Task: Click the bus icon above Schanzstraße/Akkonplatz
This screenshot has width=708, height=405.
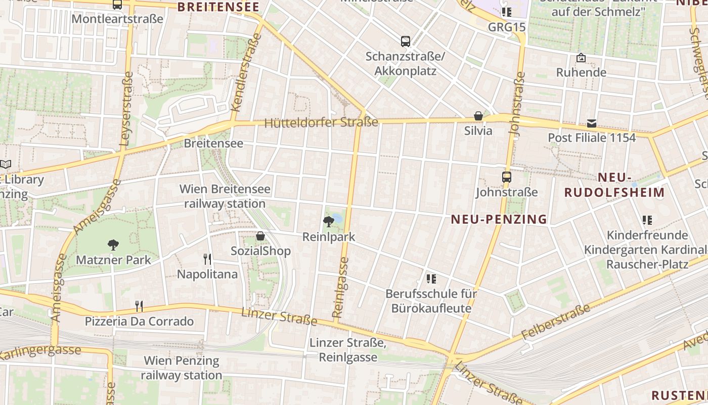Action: pyautogui.click(x=405, y=41)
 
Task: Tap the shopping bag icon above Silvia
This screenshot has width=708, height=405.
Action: pyautogui.click(x=478, y=116)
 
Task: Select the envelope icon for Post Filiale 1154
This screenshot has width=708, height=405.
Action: pyautogui.click(x=591, y=123)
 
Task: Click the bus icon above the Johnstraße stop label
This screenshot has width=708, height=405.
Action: pyautogui.click(x=506, y=177)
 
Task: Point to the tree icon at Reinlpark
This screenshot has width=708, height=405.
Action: pyautogui.click(x=329, y=221)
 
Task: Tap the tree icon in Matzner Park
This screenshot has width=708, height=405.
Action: pyautogui.click(x=113, y=245)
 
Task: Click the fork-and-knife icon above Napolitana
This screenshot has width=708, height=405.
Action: pyautogui.click(x=207, y=259)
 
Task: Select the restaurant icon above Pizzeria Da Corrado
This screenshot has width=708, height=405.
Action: pyautogui.click(x=139, y=306)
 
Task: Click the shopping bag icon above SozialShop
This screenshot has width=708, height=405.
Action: pyautogui.click(x=260, y=236)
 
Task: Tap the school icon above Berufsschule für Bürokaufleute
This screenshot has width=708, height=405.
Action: pyautogui.click(x=431, y=278)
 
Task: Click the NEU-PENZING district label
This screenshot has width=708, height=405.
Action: pyautogui.click(x=499, y=219)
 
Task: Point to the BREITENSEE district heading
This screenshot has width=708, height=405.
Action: pyautogui.click(x=218, y=7)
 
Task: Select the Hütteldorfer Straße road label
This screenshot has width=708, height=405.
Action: pyautogui.click(x=321, y=123)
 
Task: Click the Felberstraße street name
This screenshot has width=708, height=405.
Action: pyautogui.click(x=556, y=322)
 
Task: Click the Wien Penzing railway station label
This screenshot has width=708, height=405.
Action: pyautogui.click(x=182, y=368)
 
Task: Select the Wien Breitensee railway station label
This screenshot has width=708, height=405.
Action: pyautogui.click(x=225, y=196)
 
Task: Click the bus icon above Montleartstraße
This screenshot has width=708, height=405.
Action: pyautogui.click(x=117, y=5)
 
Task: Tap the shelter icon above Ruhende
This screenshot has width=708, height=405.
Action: pyautogui.click(x=581, y=58)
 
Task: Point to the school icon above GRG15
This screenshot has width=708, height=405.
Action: pyautogui.click(x=506, y=12)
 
